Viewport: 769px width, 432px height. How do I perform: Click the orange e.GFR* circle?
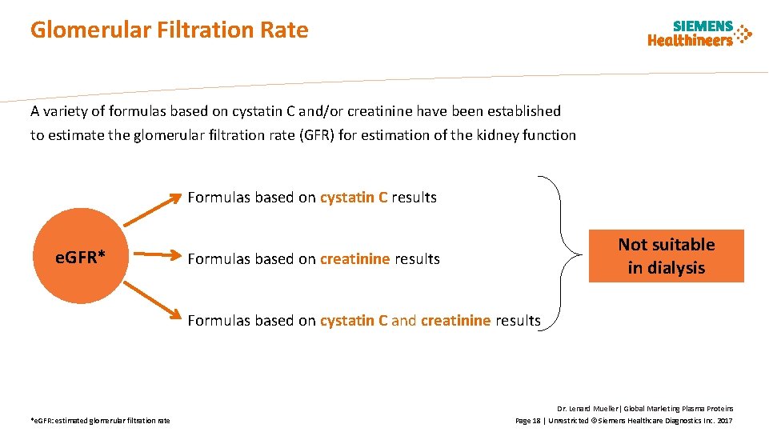click(80, 257)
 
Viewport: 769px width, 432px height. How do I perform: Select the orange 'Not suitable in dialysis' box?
click(666, 256)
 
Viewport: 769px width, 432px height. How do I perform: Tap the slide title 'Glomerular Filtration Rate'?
click(169, 30)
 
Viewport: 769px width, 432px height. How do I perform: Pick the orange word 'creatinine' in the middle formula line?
click(354, 259)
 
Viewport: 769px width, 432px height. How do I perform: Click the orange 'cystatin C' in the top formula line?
click(354, 198)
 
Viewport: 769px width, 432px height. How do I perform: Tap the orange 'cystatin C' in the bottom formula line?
click(354, 321)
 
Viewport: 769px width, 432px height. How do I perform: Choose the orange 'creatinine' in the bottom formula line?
click(455, 321)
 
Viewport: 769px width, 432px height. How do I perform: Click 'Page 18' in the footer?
click(527, 421)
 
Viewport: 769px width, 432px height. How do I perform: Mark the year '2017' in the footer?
click(724, 421)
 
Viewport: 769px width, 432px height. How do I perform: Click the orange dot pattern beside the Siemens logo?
click(743, 34)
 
